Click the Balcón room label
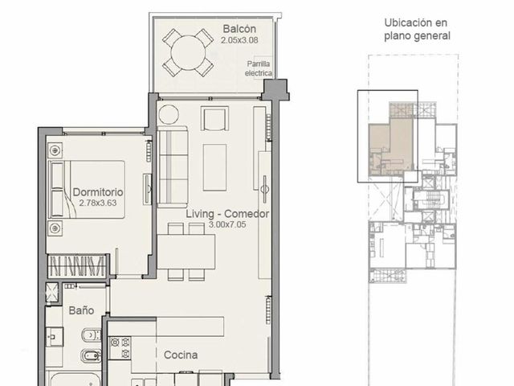(x=239, y=29)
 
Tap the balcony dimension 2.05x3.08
(x=239, y=40)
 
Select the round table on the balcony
(x=188, y=52)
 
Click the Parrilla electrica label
(x=259, y=68)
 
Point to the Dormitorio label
(x=98, y=192)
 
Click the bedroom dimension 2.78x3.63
(x=98, y=203)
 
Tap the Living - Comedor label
(x=227, y=214)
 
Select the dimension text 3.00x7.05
(x=227, y=224)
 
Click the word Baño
(x=81, y=310)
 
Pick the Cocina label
(x=181, y=355)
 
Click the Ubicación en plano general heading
(x=417, y=29)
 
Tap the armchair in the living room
(x=214, y=118)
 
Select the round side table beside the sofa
(x=169, y=114)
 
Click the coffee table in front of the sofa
(x=214, y=167)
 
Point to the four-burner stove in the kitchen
(x=120, y=348)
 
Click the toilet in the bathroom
(x=91, y=335)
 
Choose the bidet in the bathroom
(x=91, y=355)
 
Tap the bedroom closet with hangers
(x=77, y=265)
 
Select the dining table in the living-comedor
(x=186, y=252)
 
